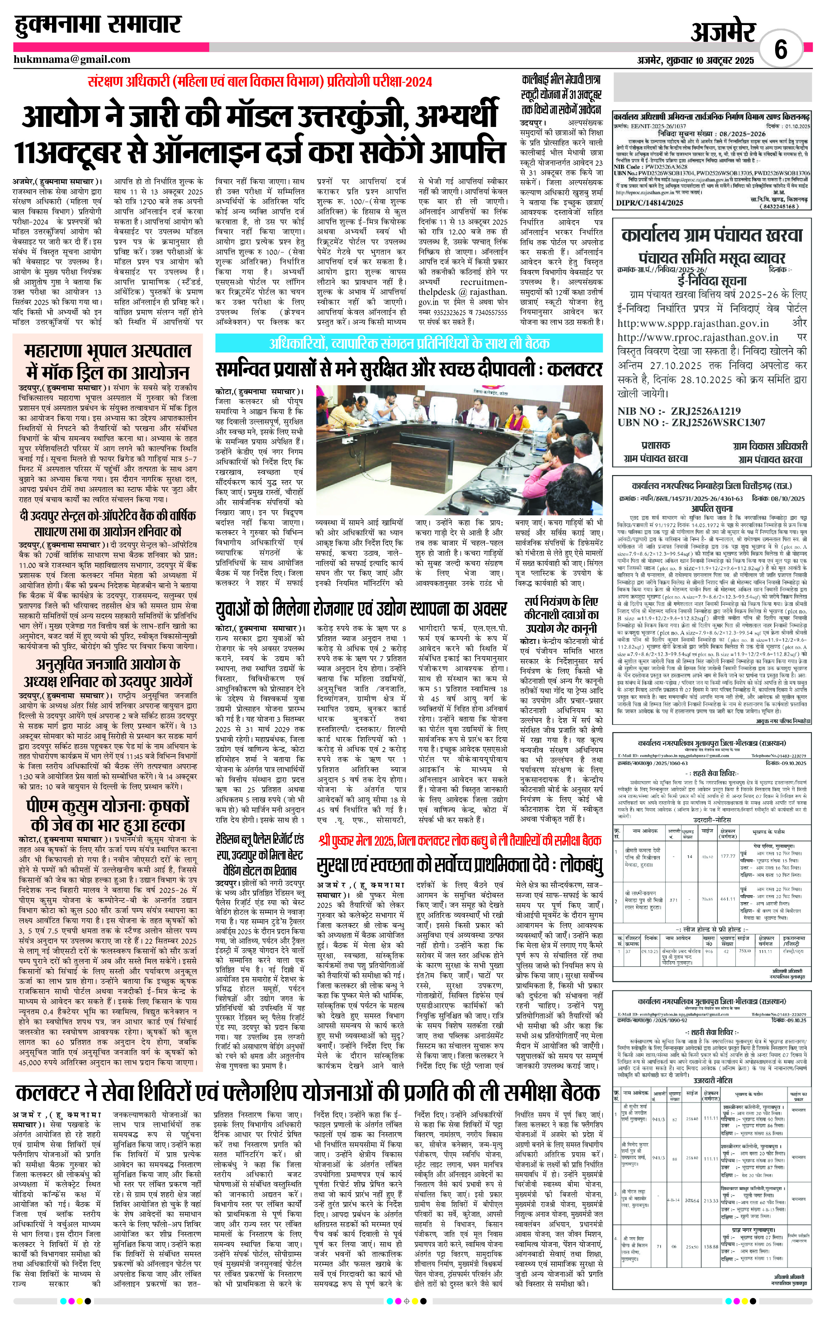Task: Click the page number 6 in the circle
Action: tap(781, 50)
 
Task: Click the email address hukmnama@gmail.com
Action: tap(72, 59)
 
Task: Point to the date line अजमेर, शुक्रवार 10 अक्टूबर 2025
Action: tap(695, 60)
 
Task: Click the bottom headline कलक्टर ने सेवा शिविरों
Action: tap(308, 1078)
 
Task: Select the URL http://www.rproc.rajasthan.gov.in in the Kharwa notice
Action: tap(698, 338)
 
